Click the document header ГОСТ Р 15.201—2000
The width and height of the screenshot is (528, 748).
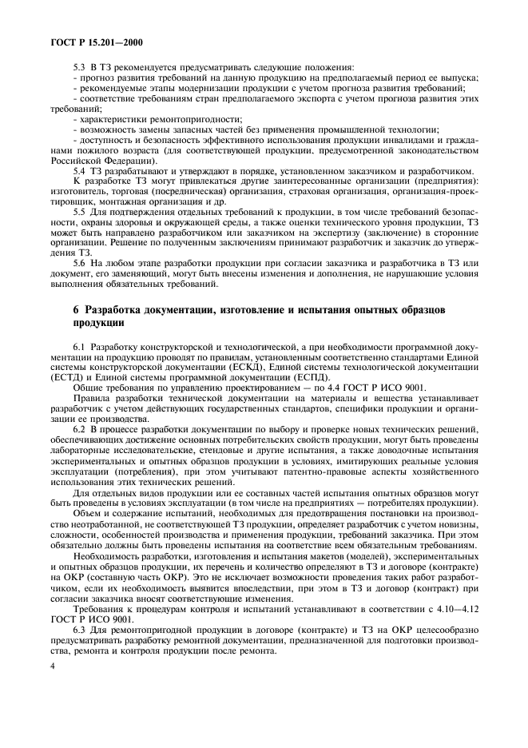pyautogui.click(x=96, y=40)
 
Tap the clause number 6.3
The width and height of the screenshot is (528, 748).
pyautogui.click(x=78, y=633)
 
